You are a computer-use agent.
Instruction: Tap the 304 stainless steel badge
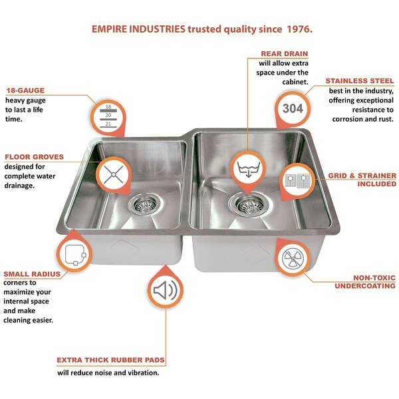pyautogui.click(x=293, y=108)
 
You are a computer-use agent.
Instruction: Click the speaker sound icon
pyautogui.click(x=166, y=291)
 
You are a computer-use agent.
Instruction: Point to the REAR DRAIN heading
pyautogui.click(x=285, y=54)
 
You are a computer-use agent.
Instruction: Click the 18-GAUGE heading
pyautogui.click(x=25, y=90)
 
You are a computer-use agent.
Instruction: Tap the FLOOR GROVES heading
pyautogui.click(x=34, y=157)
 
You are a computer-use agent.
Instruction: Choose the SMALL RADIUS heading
pyautogui.click(x=32, y=274)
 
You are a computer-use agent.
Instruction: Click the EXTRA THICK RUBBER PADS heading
pyautogui.click(x=110, y=360)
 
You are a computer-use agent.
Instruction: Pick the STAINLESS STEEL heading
pyautogui.click(x=360, y=81)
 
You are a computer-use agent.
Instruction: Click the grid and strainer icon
pyautogui.click(x=297, y=181)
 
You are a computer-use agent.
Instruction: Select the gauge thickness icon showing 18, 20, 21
pyautogui.click(x=108, y=116)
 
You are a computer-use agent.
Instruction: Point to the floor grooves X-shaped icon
pyautogui.click(x=114, y=174)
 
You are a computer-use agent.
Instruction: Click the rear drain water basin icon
pyautogui.click(x=248, y=169)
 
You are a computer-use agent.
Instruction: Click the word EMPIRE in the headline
pyautogui.click(x=109, y=29)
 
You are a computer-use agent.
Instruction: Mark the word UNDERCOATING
pyautogui.click(x=365, y=286)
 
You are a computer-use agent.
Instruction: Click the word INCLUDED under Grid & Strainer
pyautogui.click(x=377, y=184)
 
